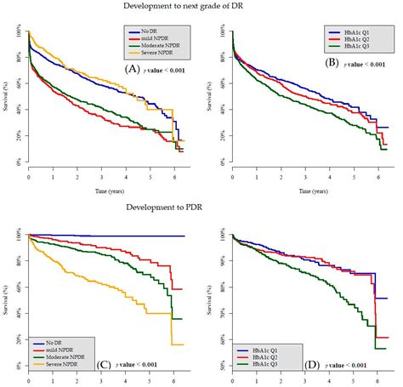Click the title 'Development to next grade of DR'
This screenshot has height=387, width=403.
click(202, 8)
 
